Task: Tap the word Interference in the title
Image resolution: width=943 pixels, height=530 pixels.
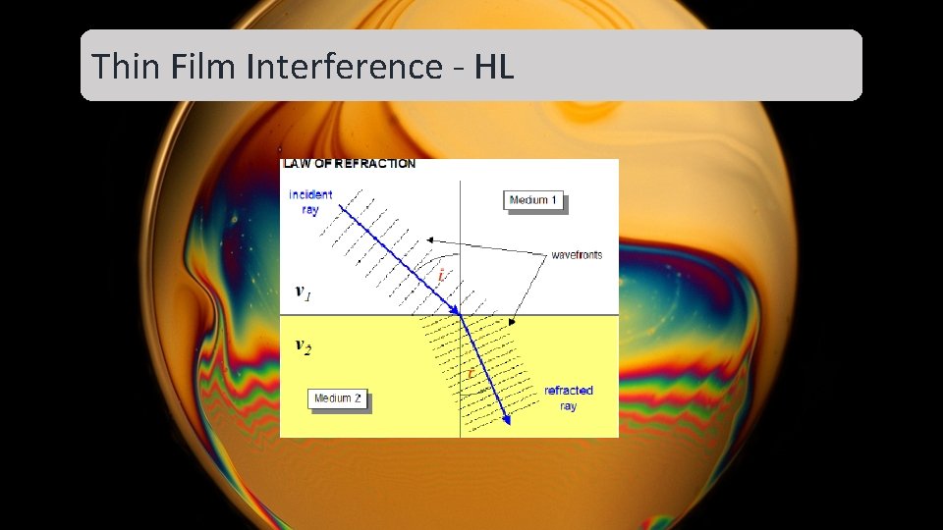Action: (344, 67)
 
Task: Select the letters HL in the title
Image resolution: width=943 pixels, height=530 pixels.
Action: (494, 67)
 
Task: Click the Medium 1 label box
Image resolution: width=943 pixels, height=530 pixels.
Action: (533, 200)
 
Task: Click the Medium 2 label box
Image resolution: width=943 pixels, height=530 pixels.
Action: (337, 398)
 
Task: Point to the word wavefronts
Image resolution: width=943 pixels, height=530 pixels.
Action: (577, 255)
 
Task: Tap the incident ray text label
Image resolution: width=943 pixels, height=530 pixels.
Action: (310, 202)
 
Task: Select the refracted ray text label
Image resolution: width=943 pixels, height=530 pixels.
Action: (569, 397)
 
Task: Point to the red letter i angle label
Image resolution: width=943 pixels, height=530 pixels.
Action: (442, 278)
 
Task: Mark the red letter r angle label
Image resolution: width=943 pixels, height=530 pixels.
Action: (471, 373)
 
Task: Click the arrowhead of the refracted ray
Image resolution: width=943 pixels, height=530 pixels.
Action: (507, 419)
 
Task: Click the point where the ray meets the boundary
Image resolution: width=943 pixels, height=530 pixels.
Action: (461, 315)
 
